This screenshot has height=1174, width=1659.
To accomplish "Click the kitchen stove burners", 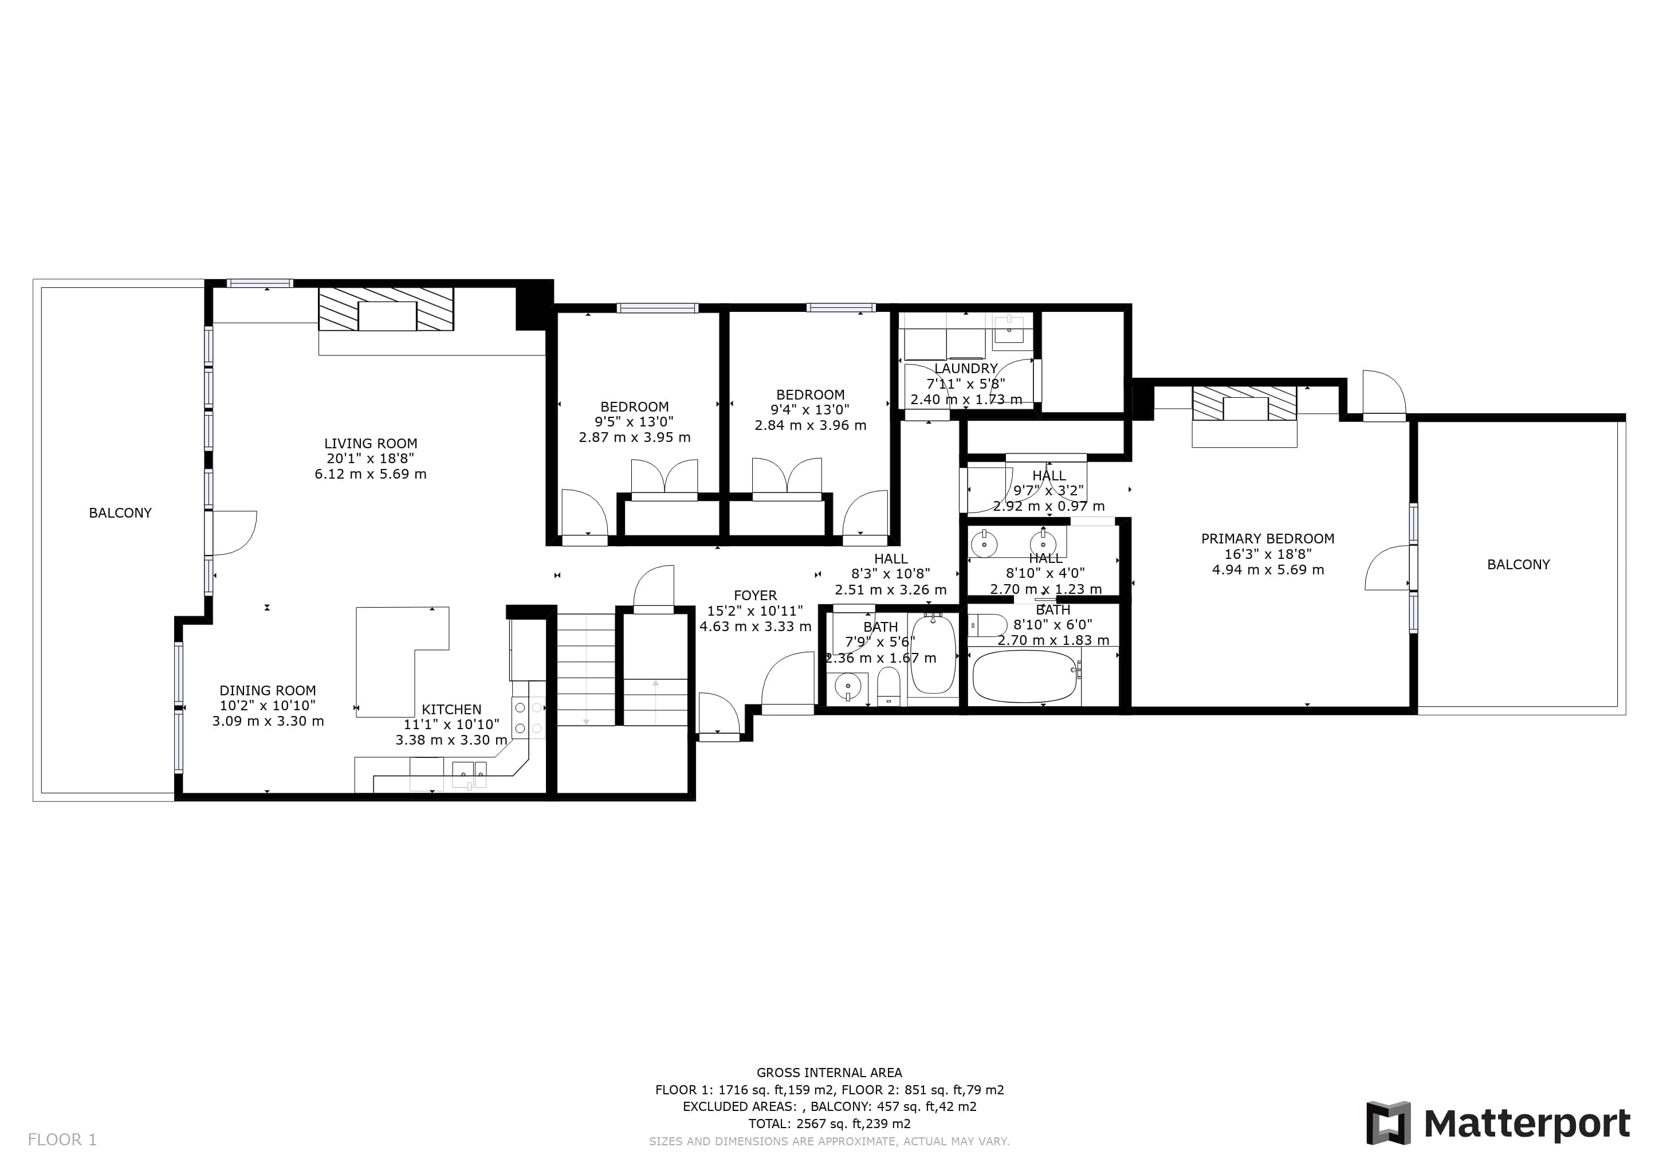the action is [528, 718].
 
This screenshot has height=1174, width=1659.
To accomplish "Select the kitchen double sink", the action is [469, 774].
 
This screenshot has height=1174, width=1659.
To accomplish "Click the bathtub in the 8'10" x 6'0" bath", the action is [1025, 676].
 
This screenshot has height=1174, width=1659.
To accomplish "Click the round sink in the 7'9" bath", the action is [848, 686].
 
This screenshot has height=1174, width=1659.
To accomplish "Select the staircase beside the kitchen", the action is [586, 670].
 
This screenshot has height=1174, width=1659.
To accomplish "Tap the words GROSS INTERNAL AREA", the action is [830, 1073].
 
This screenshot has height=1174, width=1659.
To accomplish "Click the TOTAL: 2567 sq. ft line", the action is [830, 1124].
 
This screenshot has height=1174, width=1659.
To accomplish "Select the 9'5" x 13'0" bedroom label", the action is [634, 422].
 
